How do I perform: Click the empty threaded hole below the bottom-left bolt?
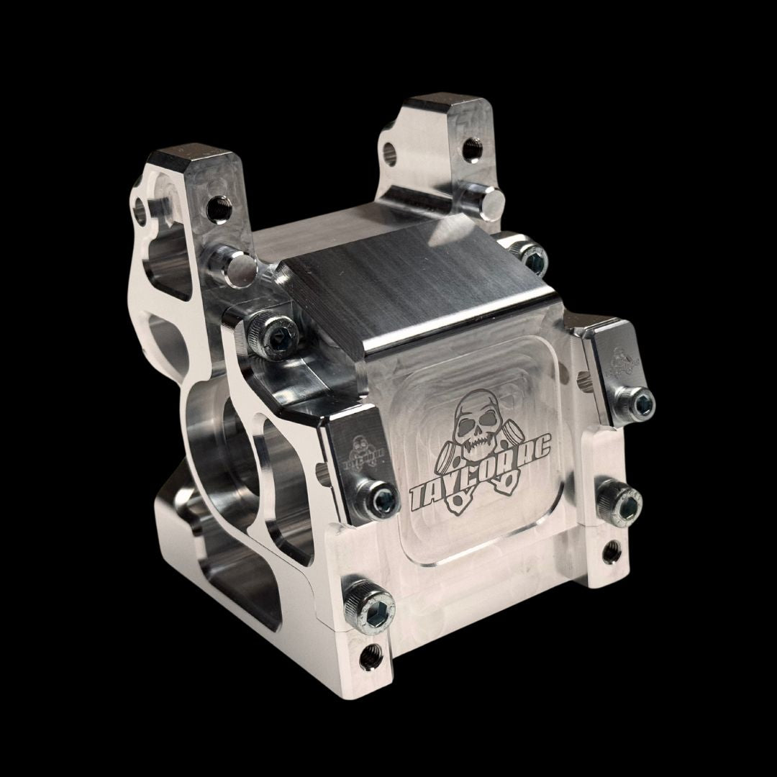372,655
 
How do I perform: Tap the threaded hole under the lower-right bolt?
612,553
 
